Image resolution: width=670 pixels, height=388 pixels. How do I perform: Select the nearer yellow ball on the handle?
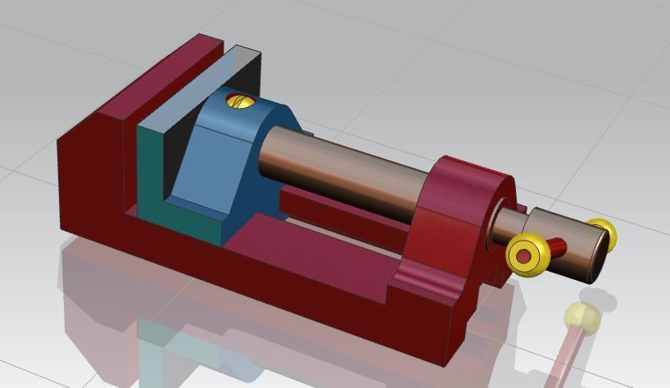(x=525, y=255)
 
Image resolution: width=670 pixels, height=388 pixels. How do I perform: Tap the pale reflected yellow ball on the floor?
(x=582, y=314)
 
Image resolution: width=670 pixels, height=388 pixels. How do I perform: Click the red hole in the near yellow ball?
(x=523, y=256)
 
